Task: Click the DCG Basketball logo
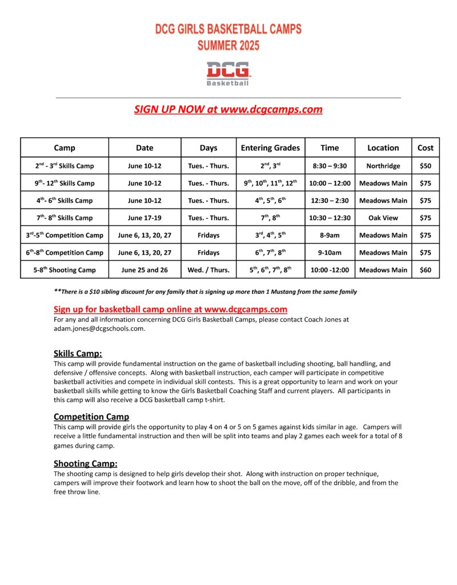click(228, 74)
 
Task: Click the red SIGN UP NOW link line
click(228, 109)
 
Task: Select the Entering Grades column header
click(270, 148)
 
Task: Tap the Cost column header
click(425, 148)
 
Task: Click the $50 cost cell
click(425, 166)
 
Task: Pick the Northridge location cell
click(383, 166)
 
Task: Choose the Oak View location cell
click(383, 218)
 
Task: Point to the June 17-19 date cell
click(145, 218)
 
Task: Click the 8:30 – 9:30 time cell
click(330, 166)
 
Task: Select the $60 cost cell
click(425, 270)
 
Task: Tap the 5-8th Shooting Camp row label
click(65, 270)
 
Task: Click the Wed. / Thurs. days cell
click(209, 270)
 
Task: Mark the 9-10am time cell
click(330, 253)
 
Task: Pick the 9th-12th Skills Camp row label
click(65, 183)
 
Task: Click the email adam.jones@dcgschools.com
click(99, 328)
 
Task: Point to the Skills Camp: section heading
click(78, 354)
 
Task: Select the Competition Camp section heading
click(91, 416)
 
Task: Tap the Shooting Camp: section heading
click(86, 463)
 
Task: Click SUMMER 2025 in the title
click(228, 45)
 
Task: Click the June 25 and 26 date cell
click(145, 270)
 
